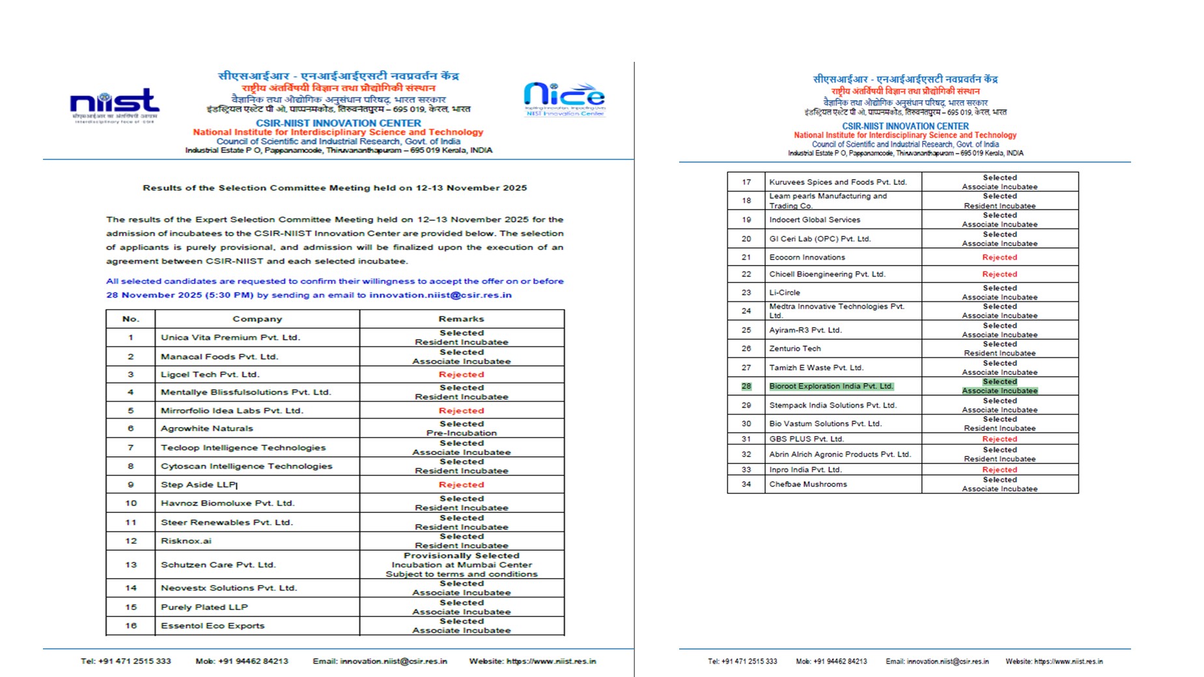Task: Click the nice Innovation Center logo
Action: (564, 100)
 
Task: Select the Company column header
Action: (257, 319)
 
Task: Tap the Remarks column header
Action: (461, 319)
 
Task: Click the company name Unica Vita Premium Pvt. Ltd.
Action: (230, 337)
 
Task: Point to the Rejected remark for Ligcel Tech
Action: (461, 374)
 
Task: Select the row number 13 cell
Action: (131, 564)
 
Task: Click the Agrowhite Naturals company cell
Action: (207, 428)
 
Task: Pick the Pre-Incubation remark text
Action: (461, 433)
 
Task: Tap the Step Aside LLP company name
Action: (199, 484)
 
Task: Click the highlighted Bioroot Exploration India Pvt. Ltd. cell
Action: (831, 386)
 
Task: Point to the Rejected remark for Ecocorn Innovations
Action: (1000, 257)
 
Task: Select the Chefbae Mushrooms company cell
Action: (808, 484)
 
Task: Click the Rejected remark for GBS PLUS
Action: (1000, 439)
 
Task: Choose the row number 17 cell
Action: (746, 182)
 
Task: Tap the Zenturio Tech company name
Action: (795, 348)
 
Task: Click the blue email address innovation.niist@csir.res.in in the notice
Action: (440, 295)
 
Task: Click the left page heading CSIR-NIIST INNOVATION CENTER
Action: (338, 123)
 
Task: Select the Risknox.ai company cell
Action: (186, 541)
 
